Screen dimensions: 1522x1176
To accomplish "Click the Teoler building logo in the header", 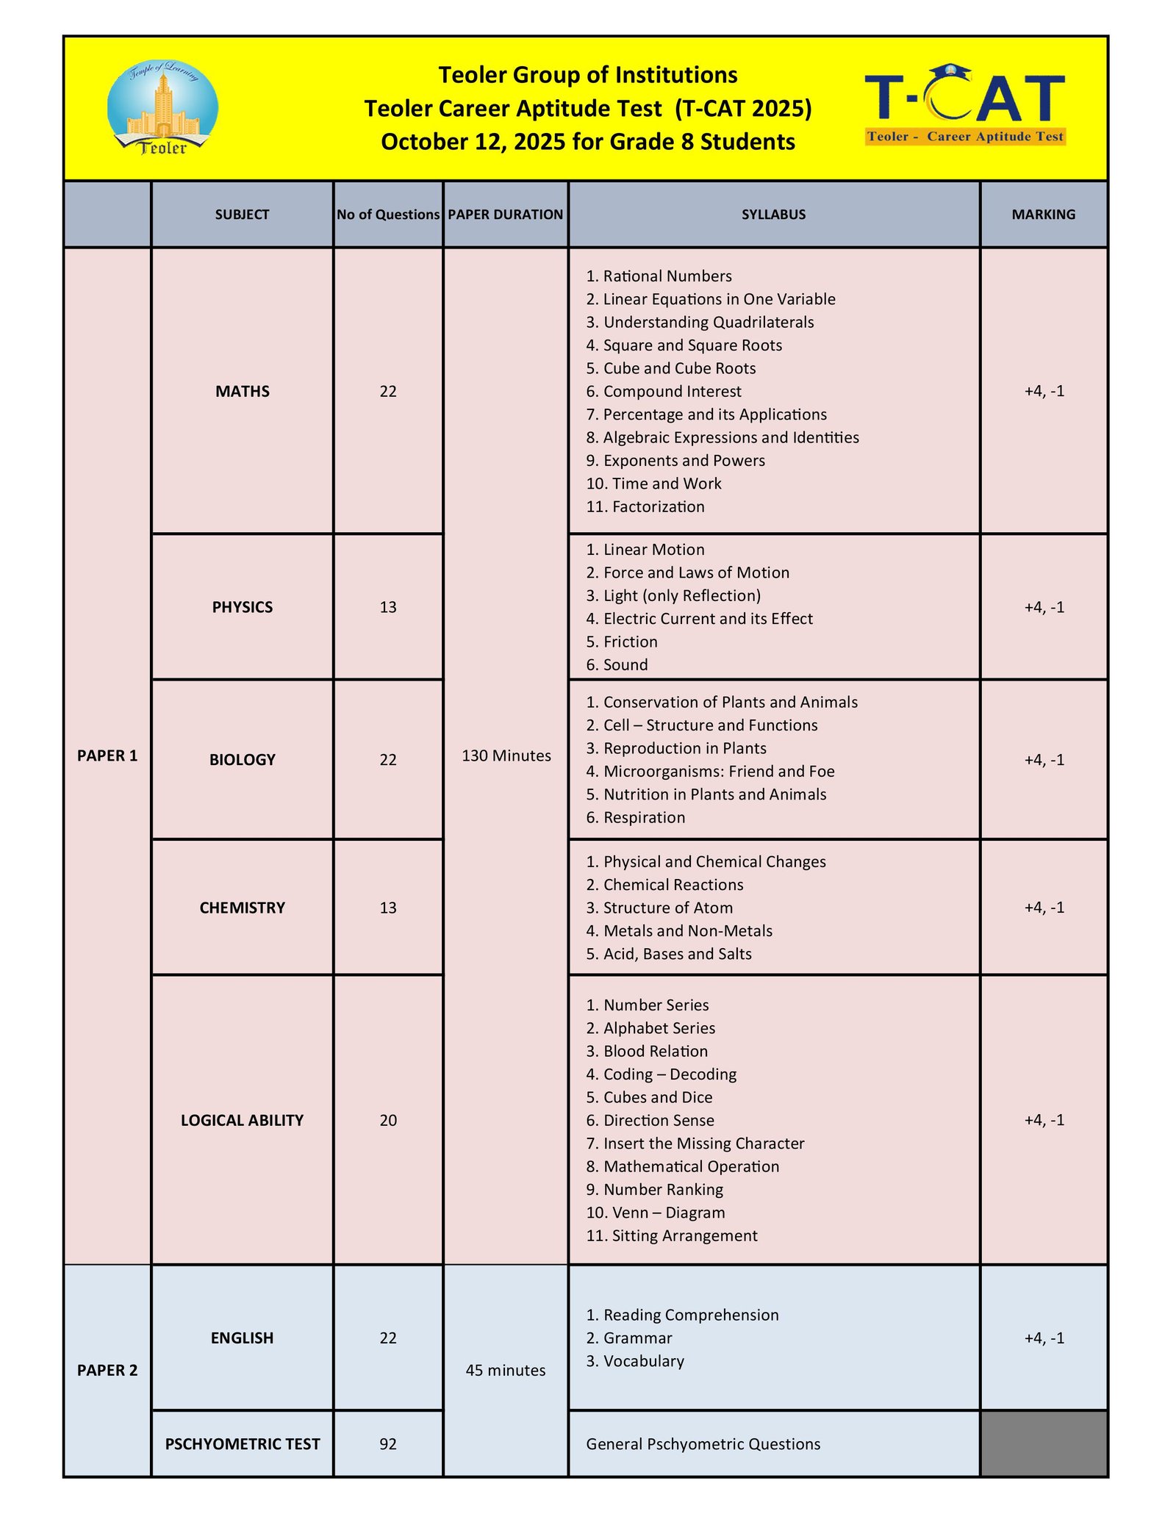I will coord(162,108).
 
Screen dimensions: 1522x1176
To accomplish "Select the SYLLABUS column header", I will coord(773,215).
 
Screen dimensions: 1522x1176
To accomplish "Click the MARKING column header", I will coord(1043,215).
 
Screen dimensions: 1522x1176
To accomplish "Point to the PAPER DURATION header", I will coord(506,215).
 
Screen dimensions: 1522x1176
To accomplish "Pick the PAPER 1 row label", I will coord(107,755).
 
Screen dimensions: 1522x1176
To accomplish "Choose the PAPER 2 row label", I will coord(107,1370).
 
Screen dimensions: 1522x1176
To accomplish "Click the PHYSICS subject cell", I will coord(242,607).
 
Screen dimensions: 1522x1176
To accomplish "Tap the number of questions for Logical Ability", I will coord(388,1120).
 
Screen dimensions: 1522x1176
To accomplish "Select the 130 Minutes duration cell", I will coord(506,755).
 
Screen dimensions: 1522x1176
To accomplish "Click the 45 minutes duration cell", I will coord(506,1370).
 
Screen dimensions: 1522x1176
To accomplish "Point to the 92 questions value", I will coord(388,1443).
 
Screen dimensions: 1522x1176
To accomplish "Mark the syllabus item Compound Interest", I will coord(672,392).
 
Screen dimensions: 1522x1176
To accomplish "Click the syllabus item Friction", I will coord(630,642).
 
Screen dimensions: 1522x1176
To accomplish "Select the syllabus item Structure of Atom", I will coord(667,908).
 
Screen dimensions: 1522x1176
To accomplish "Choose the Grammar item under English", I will coord(637,1338).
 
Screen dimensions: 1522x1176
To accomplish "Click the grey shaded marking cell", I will coord(1044,1443).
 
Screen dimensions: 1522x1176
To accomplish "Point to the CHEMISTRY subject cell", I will coord(242,908).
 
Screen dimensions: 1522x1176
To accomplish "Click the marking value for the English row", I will coord(1044,1338).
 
